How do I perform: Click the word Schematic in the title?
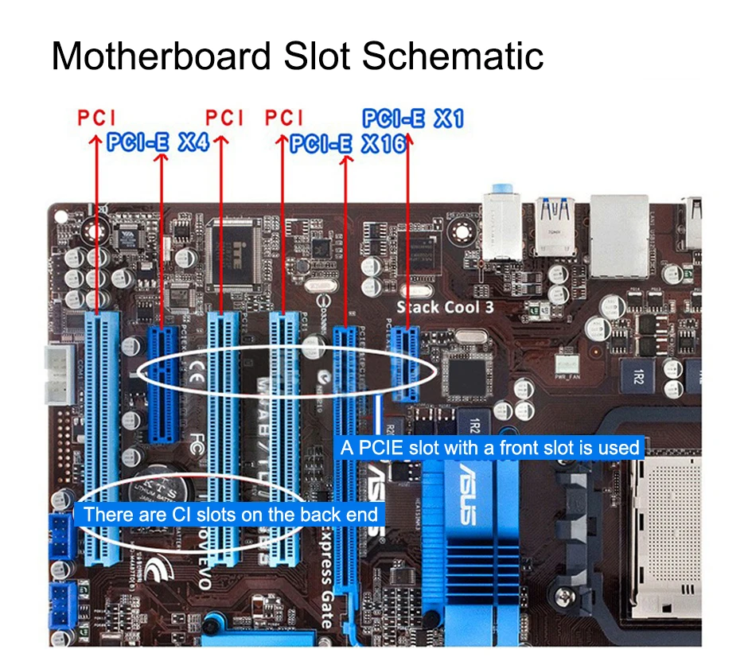pos(453,56)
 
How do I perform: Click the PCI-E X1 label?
pos(412,119)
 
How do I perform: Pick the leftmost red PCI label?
pos(97,119)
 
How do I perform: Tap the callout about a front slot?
pos(489,448)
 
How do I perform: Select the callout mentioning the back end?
pos(230,515)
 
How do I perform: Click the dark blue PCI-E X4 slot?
pos(163,382)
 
